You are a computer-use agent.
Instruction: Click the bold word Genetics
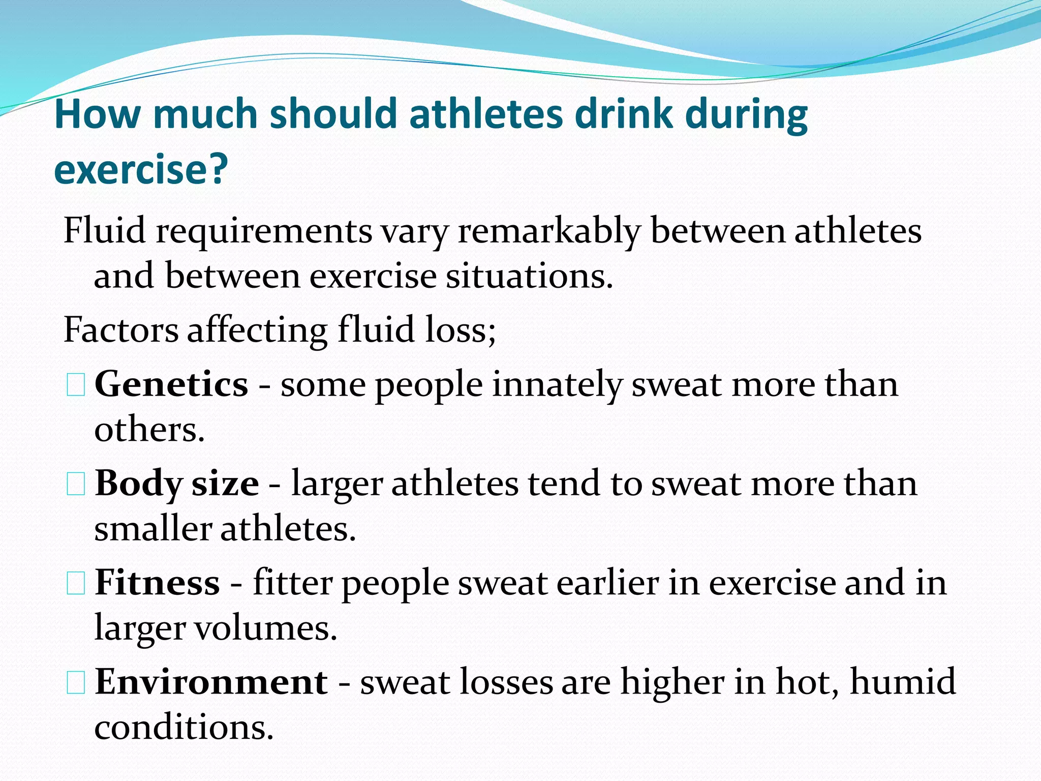tap(171, 384)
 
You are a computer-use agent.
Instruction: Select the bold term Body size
tap(176, 484)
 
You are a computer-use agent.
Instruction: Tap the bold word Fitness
tap(157, 583)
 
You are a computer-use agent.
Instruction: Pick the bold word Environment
tap(211, 682)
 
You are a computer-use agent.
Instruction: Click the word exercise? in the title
tap(141, 169)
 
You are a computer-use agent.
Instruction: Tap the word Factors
tap(121, 331)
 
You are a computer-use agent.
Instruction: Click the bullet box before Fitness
tap(76, 583)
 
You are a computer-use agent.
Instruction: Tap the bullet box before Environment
tap(76, 682)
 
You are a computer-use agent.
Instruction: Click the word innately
tap(557, 384)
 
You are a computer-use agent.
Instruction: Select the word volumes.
tap(266, 628)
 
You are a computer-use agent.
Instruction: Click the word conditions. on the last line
tap(184, 728)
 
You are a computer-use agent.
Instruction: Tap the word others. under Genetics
tap(149, 430)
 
